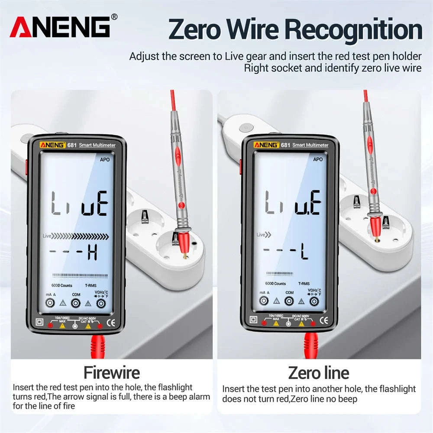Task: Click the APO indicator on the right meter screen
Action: pos(318,159)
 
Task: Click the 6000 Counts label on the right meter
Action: pos(275,284)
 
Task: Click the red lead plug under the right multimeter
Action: pos(310,344)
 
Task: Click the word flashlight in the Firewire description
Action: pos(172,388)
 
